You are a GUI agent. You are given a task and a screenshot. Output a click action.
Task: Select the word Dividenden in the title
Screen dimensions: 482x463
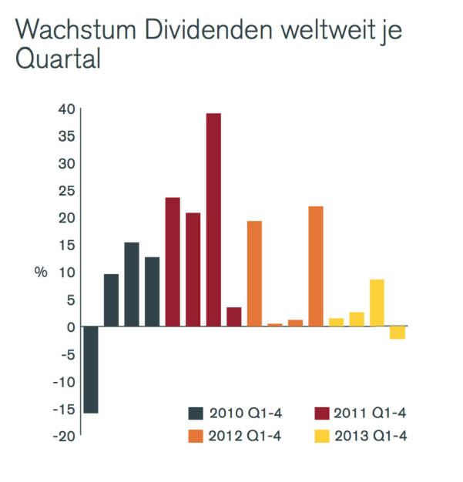click(x=215, y=32)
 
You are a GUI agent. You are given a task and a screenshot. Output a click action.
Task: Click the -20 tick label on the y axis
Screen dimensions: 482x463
click(x=64, y=436)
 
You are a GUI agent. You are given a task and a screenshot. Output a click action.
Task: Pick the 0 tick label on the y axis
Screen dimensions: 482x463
click(x=70, y=326)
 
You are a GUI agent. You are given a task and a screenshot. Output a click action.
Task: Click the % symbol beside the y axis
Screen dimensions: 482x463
click(x=41, y=273)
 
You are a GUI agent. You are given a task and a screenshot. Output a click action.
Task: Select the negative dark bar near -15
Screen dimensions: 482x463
click(x=91, y=370)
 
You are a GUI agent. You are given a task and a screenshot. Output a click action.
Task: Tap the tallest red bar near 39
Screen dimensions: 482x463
click(x=213, y=219)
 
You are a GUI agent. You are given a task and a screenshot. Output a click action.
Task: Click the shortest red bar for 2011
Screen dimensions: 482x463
click(x=234, y=316)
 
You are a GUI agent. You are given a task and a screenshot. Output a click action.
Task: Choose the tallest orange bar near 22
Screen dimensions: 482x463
click(x=315, y=266)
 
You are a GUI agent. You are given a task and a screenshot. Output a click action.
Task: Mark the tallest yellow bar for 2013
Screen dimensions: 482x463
click(x=377, y=303)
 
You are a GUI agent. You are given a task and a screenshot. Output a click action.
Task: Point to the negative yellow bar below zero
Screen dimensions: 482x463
click(x=398, y=333)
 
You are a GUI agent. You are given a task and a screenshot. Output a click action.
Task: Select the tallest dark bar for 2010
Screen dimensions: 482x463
click(x=132, y=284)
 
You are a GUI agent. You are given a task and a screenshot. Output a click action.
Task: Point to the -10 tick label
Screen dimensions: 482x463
click(x=64, y=381)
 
